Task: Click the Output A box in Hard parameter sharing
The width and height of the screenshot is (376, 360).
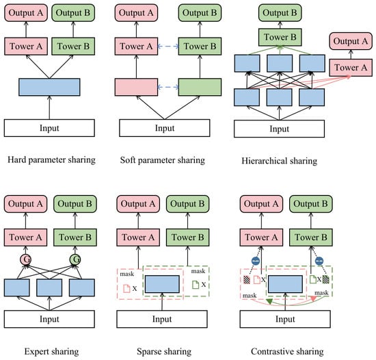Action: click(x=26, y=13)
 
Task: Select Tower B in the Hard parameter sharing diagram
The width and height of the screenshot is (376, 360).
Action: click(x=73, y=46)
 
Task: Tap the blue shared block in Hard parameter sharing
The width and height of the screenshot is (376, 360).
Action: click(x=49, y=87)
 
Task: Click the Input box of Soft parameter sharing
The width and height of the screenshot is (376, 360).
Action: click(x=165, y=128)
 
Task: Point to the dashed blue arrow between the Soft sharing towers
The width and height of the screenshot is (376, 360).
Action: click(x=168, y=46)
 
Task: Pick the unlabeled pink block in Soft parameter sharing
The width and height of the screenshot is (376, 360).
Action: click(x=136, y=87)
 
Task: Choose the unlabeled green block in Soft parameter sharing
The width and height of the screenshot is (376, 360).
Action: click(x=200, y=87)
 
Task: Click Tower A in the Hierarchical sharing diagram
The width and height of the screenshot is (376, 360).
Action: click(x=351, y=68)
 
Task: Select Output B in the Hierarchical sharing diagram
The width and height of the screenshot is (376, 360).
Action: click(x=280, y=13)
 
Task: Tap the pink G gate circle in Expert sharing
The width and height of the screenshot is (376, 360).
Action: click(x=26, y=259)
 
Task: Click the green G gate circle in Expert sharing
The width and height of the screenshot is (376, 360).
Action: click(x=75, y=259)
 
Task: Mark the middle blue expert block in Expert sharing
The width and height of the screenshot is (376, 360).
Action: click(x=49, y=287)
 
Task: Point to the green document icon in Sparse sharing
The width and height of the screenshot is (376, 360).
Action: click(x=196, y=285)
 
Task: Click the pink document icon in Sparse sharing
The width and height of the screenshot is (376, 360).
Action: click(x=126, y=288)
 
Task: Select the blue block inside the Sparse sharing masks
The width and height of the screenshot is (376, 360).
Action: click(x=162, y=284)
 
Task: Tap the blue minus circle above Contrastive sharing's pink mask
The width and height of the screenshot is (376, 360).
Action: click(x=256, y=261)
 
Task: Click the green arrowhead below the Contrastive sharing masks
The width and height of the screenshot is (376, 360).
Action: click(x=269, y=301)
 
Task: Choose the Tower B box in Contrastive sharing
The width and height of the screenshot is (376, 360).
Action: click(x=311, y=237)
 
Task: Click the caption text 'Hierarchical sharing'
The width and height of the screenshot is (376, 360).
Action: click(x=280, y=161)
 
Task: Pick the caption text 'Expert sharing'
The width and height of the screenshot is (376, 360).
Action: click(x=51, y=351)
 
